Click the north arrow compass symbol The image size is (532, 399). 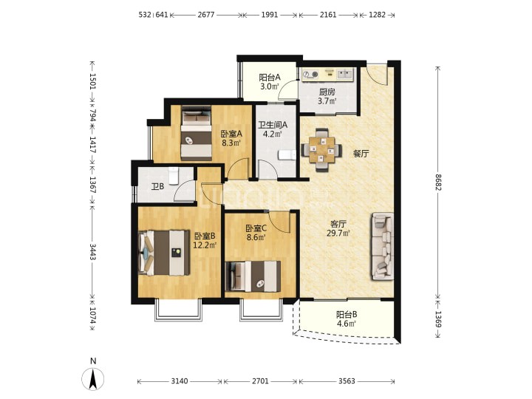coord(93,378)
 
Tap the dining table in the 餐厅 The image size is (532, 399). coord(321,149)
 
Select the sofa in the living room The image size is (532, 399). coord(383,246)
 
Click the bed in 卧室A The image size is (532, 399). coord(196,133)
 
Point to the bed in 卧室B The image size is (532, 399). coord(164,253)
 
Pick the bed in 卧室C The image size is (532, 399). coord(253,276)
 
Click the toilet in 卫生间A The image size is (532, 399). coord(287,154)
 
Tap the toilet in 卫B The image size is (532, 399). coord(174,175)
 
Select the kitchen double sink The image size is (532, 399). coord(345,74)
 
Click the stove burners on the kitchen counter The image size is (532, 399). coord(310,75)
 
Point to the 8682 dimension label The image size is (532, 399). coord(438,187)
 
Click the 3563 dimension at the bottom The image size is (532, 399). coord(347,381)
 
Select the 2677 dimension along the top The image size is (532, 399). coord(206,15)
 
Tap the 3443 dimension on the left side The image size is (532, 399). coord(92,251)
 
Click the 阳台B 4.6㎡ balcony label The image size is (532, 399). coord(347,319)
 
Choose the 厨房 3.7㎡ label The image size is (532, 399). coord(327,96)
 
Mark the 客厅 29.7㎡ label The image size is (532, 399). coord(338,228)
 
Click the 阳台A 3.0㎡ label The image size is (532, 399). coord(270,82)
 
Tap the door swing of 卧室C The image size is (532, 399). coord(282,222)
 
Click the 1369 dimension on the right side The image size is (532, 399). coord(438,319)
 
